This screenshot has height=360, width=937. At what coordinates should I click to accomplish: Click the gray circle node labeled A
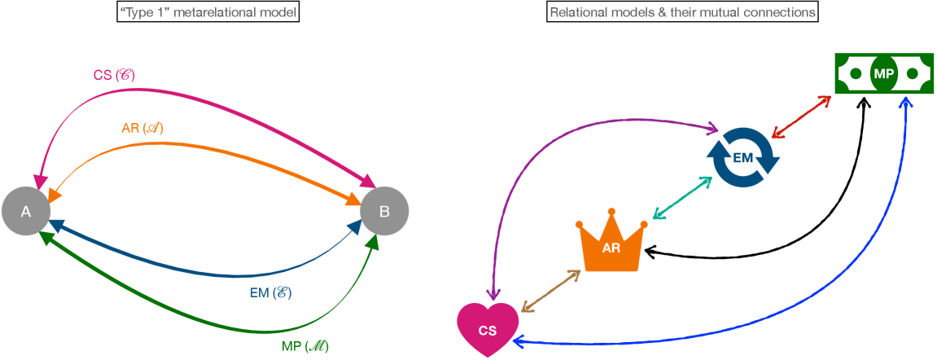[x=26, y=212]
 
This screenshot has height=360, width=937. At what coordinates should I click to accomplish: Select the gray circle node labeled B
[x=384, y=212]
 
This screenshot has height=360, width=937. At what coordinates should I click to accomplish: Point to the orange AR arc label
[x=142, y=129]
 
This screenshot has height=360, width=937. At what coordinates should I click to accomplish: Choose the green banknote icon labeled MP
[x=883, y=74]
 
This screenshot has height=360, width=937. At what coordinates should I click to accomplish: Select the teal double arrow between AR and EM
[x=682, y=197]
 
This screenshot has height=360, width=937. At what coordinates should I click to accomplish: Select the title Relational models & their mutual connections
[x=682, y=13]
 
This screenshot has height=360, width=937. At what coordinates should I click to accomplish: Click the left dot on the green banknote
[x=855, y=74]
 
